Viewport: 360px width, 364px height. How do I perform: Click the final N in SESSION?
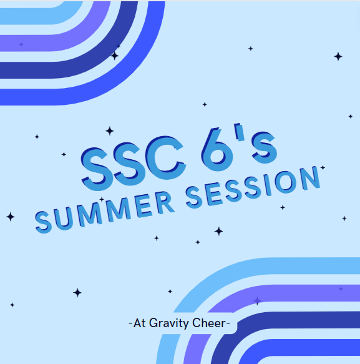pyautogui.click(x=309, y=177)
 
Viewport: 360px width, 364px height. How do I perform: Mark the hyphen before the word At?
pyautogui.click(x=130, y=324)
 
